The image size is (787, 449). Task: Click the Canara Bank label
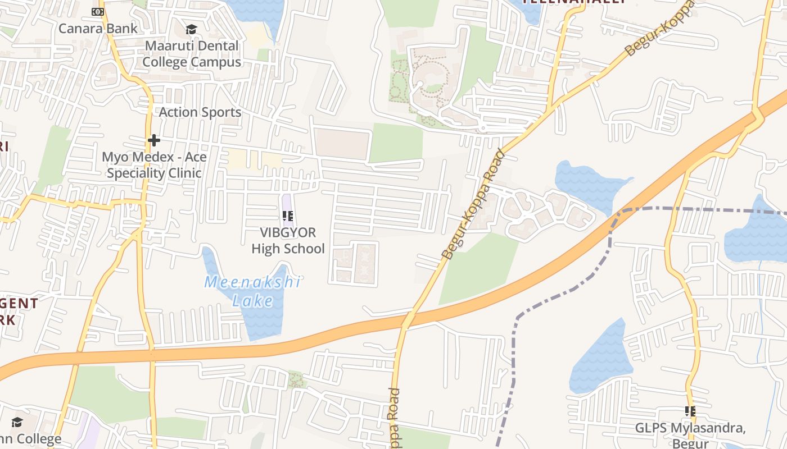coord(90,28)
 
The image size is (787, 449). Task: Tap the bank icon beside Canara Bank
coord(98,12)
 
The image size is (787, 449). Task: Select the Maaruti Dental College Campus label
coord(192,54)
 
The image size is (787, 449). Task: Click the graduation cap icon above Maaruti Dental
coord(192,29)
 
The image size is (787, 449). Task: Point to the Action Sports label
coord(200,112)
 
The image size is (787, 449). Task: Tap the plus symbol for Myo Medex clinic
coord(153,140)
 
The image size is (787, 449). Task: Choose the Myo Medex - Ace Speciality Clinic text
coord(154,165)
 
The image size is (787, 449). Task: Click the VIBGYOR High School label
coord(288,240)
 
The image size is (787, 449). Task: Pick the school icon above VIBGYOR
coord(288,216)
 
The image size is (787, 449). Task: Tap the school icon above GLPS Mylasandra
coord(690,411)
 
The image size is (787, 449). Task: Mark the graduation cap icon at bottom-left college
coord(17,422)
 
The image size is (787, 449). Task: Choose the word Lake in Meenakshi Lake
coord(253,301)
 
